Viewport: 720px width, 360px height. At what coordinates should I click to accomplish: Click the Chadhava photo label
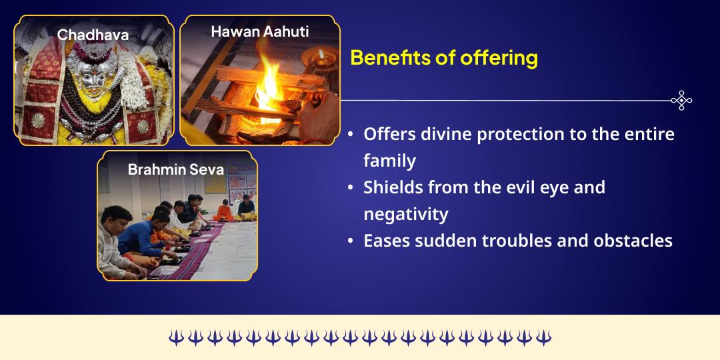[x=93, y=35]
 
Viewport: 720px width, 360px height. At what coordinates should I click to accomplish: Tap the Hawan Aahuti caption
[x=259, y=31]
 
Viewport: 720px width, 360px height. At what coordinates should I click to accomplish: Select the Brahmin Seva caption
[x=175, y=169]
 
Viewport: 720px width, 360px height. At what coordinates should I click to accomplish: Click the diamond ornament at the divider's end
[x=681, y=100]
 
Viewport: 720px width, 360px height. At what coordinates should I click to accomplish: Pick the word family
[x=389, y=161]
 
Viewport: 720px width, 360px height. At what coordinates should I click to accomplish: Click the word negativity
[x=405, y=214]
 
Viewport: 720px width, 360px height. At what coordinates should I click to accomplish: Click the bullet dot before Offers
[x=351, y=135]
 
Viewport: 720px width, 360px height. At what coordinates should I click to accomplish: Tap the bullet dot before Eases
[x=351, y=241]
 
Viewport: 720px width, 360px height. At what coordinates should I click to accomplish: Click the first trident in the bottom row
[x=176, y=337]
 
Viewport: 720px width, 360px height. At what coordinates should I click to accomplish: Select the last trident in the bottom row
[x=544, y=337]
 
